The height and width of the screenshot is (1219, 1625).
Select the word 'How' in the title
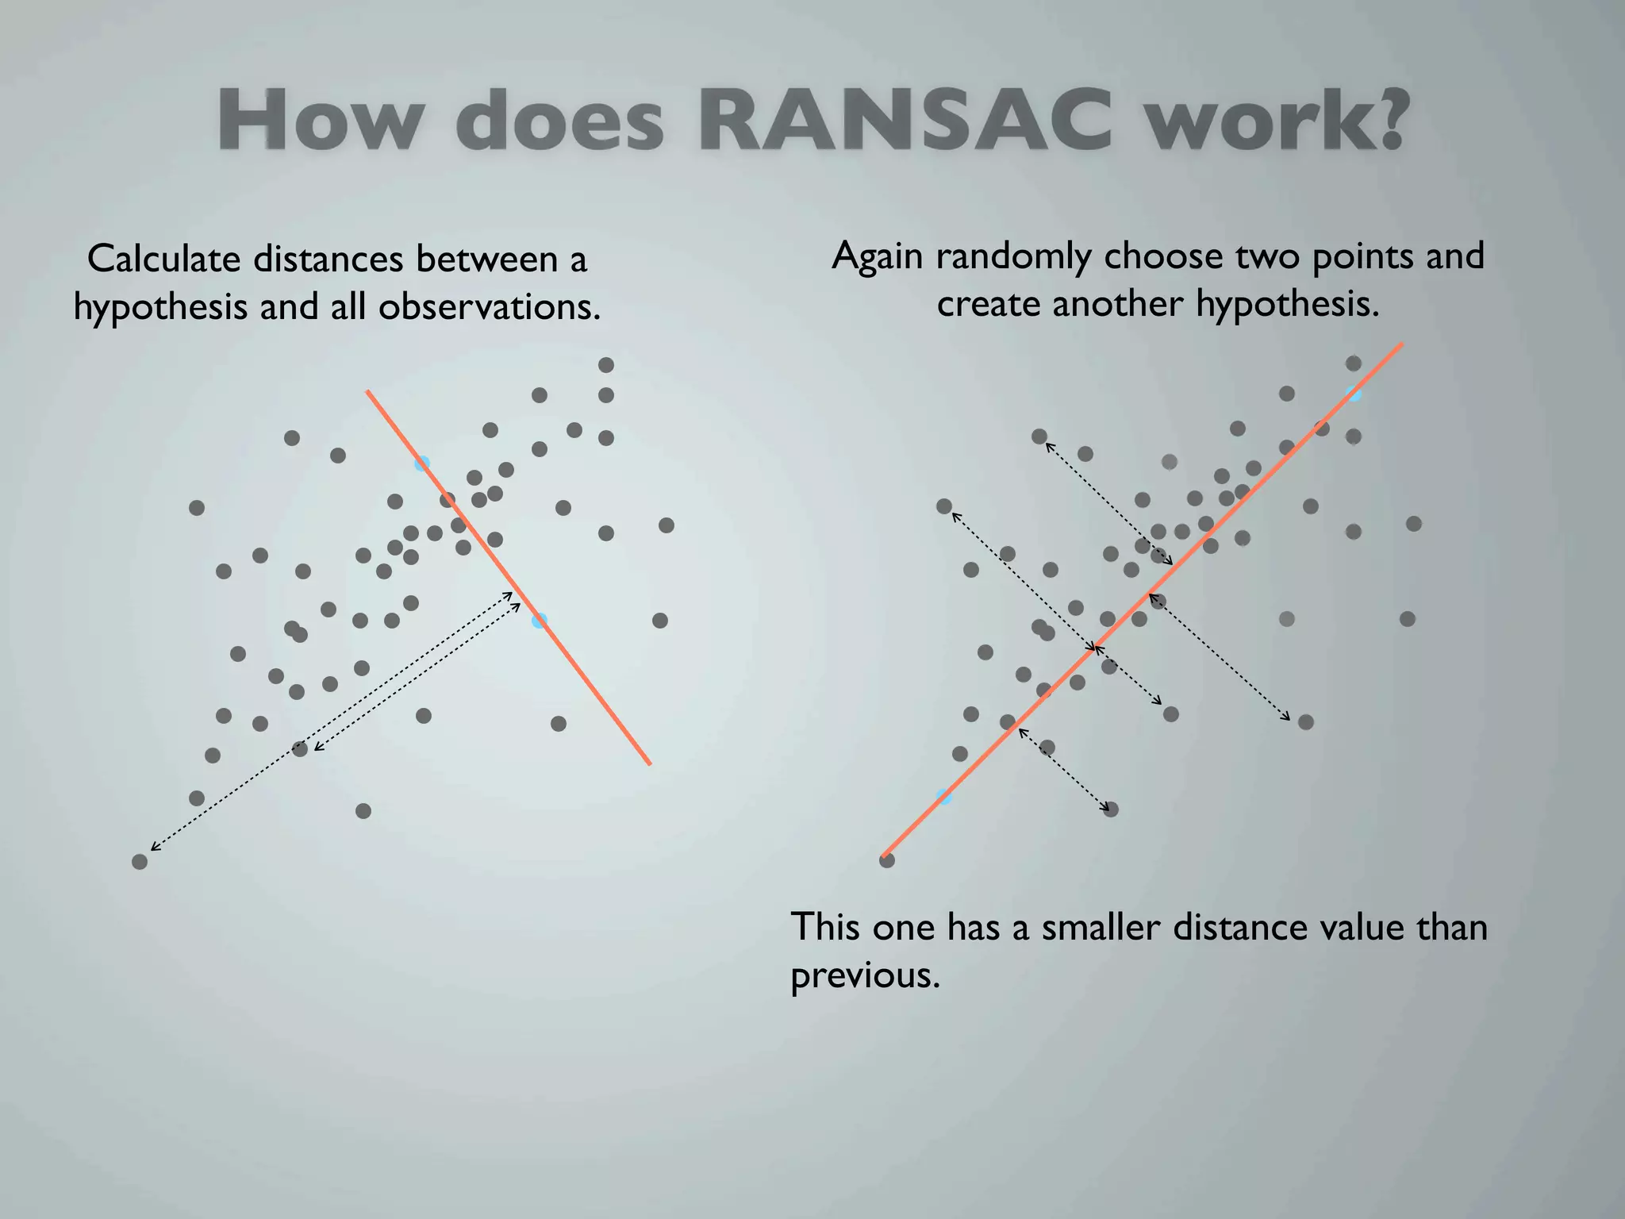pos(321,121)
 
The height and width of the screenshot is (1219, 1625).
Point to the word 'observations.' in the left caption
pos(489,307)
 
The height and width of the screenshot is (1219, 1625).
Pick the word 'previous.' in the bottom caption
pos(865,975)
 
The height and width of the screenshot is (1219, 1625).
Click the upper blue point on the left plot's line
pos(422,463)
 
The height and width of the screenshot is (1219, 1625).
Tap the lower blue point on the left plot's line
pos(540,621)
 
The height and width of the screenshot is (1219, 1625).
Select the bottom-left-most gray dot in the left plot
pos(140,861)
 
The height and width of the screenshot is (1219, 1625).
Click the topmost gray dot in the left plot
pos(606,365)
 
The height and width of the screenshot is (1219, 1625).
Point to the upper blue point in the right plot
pos(1354,394)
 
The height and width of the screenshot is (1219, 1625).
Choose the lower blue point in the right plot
pos(944,797)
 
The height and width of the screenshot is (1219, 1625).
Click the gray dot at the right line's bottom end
pos(887,859)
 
